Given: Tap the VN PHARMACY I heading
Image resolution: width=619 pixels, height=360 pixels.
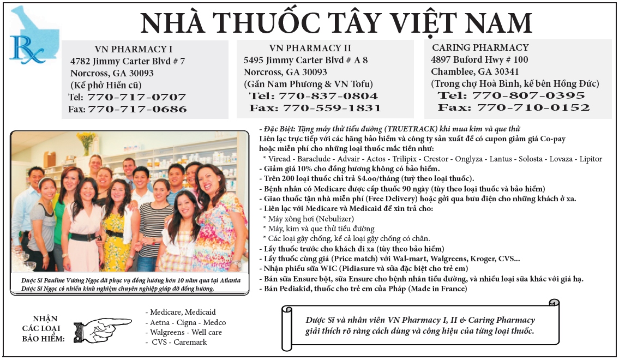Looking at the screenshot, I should pos(133,49).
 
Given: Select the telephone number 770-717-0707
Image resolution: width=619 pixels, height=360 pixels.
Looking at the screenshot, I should pos(136,98).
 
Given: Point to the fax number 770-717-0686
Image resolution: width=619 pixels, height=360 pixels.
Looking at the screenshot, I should pos(137,109).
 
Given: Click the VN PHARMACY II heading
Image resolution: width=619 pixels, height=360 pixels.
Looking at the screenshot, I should pos(310,48).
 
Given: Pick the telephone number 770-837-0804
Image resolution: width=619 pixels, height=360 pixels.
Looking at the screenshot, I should pos(328,96).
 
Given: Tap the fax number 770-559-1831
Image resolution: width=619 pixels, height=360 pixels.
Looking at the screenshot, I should pos(329,108).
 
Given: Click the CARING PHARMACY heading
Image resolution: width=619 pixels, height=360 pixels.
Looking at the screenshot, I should pos(480,47).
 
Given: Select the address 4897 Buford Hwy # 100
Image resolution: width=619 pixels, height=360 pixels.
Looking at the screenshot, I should pos(479,59).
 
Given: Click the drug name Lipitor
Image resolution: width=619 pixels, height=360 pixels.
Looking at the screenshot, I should pos(591,159).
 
